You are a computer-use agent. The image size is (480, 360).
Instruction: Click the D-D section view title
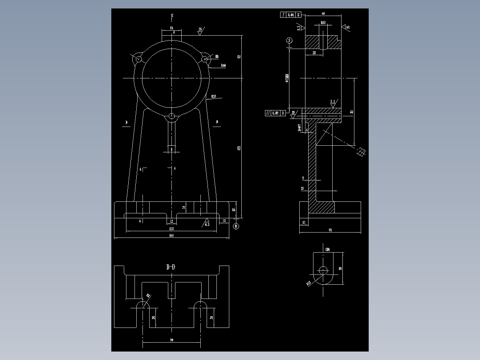click(x=171, y=267)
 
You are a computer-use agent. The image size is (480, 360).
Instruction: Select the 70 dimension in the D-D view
click(x=171, y=340)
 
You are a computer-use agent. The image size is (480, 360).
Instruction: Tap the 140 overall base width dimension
click(x=171, y=236)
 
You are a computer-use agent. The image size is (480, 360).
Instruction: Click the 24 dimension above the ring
click(x=171, y=28)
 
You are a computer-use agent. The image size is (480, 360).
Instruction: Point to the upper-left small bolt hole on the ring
click(x=138, y=58)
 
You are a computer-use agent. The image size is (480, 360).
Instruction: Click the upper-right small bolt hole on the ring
click(x=205, y=58)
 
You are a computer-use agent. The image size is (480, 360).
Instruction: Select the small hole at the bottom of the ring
click(x=172, y=117)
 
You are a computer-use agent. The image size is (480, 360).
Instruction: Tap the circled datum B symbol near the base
click(x=236, y=226)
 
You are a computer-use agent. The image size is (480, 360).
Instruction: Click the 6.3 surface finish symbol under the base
click(x=207, y=223)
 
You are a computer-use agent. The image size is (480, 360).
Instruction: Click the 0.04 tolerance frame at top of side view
click(x=291, y=15)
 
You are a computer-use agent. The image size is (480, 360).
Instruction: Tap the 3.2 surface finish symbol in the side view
click(x=333, y=102)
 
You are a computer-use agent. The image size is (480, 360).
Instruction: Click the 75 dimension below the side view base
click(x=330, y=230)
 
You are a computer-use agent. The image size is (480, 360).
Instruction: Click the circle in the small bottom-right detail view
click(x=323, y=270)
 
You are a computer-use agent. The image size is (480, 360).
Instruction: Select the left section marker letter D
click(x=126, y=122)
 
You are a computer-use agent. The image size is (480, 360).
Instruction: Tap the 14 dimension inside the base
click(x=183, y=207)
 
